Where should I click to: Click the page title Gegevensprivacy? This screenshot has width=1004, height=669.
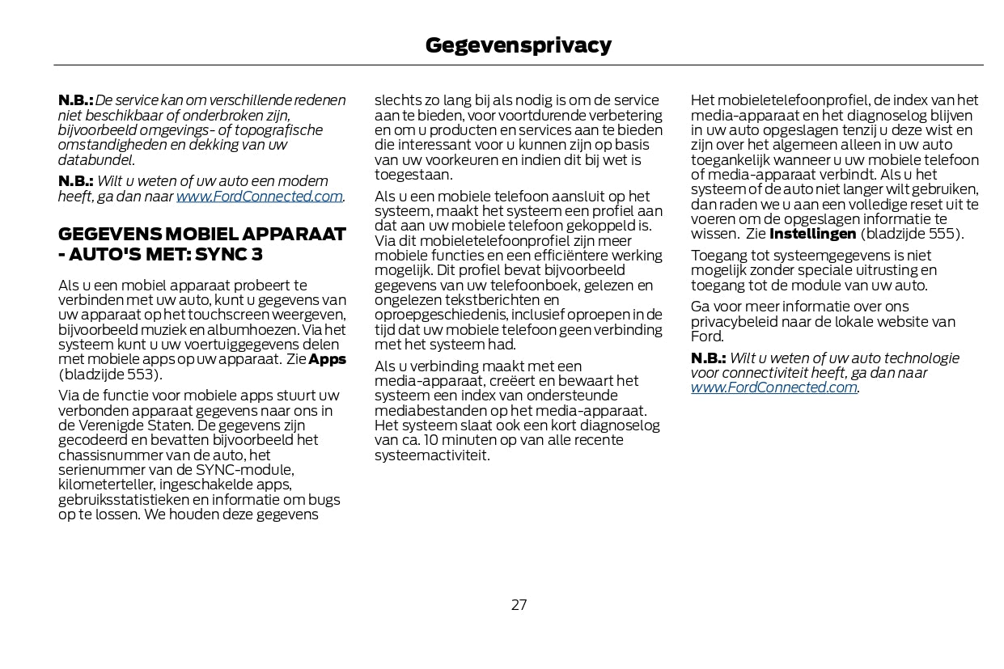click(518, 45)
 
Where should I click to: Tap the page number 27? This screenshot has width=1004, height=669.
click(519, 604)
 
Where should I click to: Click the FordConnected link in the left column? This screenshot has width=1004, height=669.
click(259, 197)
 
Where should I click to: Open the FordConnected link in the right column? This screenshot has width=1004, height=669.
click(773, 387)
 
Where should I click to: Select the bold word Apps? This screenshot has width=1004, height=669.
click(328, 359)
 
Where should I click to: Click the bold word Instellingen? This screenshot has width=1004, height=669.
click(812, 234)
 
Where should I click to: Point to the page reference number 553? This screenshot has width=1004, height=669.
click(146, 375)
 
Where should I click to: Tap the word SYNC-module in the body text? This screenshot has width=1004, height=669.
click(251, 470)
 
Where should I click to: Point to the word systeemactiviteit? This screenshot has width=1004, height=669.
click(430, 455)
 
